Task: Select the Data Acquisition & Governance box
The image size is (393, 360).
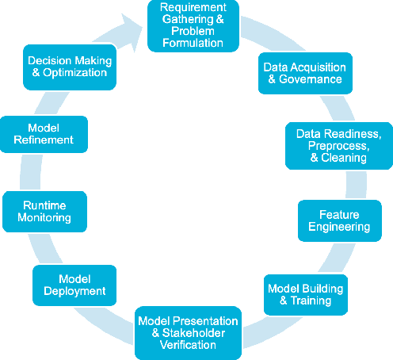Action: (x=303, y=73)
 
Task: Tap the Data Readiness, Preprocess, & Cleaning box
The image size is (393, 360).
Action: (x=338, y=146)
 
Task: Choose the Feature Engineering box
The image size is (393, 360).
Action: (x=338, y=220)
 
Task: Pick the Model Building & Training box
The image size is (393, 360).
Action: (x=305, y=294)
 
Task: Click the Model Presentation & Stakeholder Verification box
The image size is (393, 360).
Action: (x=188, y=332)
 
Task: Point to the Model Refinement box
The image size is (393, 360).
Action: (x=44, y=133)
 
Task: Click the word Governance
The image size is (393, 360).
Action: (x=309, y=79)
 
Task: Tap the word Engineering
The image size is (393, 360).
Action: (x=338, y=227)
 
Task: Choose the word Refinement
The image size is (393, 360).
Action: (x=44, y=140)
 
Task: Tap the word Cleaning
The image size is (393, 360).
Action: (x=345, y=157)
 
